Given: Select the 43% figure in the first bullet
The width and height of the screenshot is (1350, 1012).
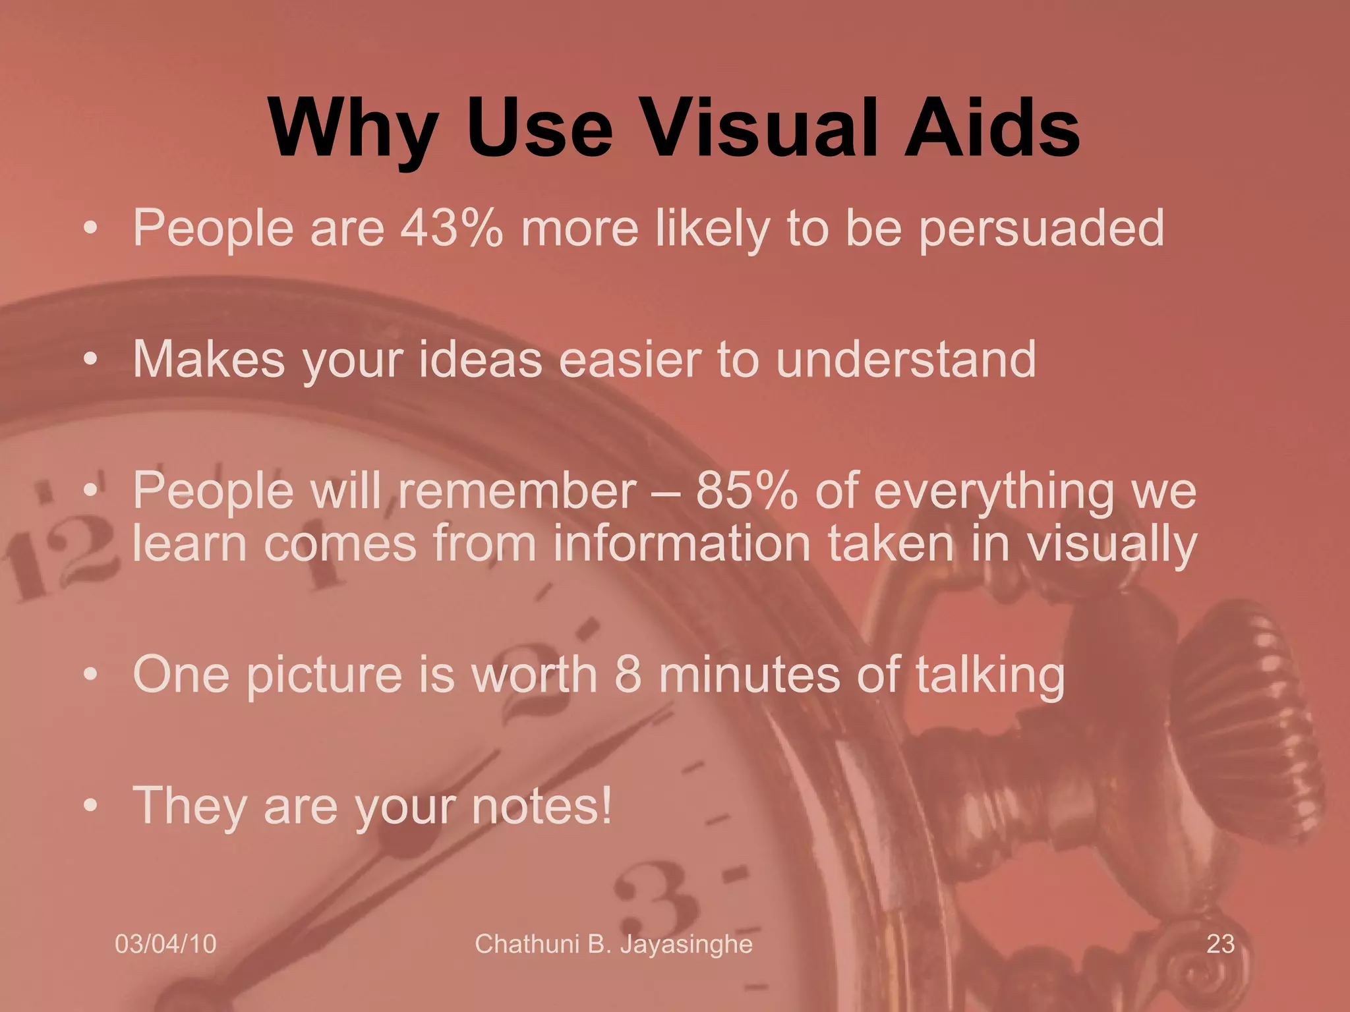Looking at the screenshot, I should pos(452,227).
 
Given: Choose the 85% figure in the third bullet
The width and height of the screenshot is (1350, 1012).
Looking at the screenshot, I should pos(746,491).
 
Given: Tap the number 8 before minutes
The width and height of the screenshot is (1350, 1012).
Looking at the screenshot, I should pos(628,675).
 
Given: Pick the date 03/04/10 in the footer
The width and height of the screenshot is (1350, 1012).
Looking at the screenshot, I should pos(165,944).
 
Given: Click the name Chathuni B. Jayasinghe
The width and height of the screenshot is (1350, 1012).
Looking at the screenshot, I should pos(613,944).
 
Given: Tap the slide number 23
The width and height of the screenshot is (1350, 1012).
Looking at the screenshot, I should pos(1220,944).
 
